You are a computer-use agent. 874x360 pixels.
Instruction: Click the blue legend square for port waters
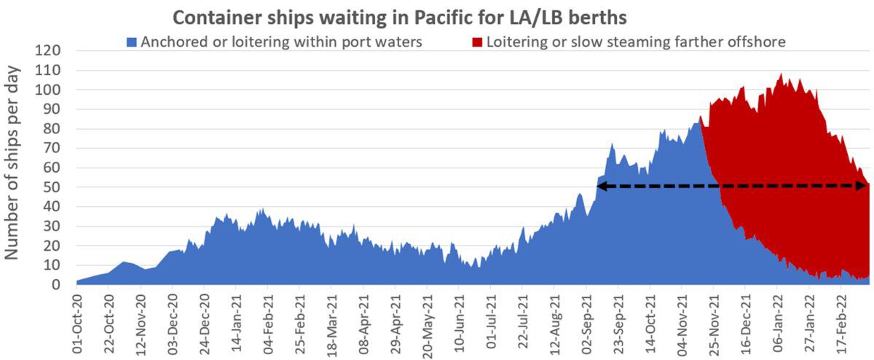[132, 42]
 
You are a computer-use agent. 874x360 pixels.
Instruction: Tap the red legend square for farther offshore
[478, 42]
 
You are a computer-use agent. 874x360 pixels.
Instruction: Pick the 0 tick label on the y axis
[55, 285]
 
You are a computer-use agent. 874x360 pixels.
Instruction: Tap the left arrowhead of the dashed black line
[602, 187]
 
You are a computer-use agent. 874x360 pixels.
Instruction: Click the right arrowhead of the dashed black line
[863, 187]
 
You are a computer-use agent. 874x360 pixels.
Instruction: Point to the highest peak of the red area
[782, 74]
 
